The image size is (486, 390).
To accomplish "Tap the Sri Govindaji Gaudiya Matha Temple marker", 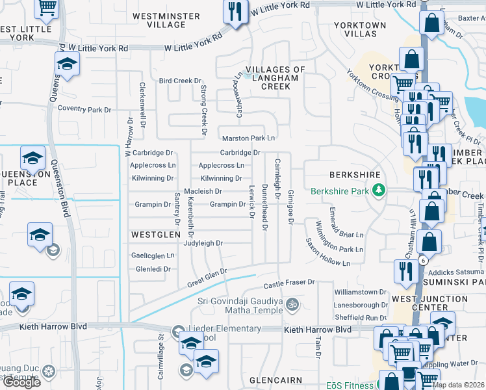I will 293,303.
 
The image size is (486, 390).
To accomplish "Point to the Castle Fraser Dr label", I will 288,283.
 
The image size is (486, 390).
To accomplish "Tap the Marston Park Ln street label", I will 249,138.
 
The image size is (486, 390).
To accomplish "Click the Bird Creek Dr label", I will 180,81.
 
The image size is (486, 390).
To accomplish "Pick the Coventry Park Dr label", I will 84,110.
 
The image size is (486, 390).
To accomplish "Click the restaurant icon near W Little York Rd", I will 235,11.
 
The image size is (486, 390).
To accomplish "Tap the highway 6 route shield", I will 424,260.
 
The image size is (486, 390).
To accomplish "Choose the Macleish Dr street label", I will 203,192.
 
